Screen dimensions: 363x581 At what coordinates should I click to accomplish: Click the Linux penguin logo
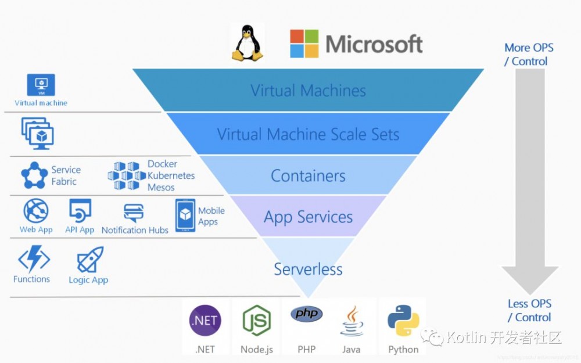pyautogui.click(x=246, y=43)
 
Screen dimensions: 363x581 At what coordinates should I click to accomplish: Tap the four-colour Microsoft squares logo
pyautogui.click(x=304, y=44)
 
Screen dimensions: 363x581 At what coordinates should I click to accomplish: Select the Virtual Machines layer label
pyautogui.click(x=308, y=91)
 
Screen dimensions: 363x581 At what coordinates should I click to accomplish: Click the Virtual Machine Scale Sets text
pyautogui.click(x=308, y=134)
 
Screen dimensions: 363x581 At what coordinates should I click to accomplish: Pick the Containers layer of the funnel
pyautogui.click(x=308, y=175)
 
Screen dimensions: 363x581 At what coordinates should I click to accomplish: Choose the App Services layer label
pyautogui.click(x=308, y=217)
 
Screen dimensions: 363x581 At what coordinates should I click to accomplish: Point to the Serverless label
pyautogui.click(x=308, y=269)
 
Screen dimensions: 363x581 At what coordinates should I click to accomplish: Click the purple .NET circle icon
pyautogui.click(x=205, y=320)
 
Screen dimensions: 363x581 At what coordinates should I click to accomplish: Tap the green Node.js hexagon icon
pyautogui.click(x=256, y=320)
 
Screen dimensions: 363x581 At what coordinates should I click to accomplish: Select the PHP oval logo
pyautogui.click(x=306, y=314)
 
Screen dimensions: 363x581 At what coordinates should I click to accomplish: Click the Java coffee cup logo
pyautogui.click(x=352, y=321)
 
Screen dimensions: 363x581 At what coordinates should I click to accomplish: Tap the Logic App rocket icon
pyautogui.click(x=90, y=260)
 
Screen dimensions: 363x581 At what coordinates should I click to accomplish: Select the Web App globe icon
pyautogui.click(x=35, y=211)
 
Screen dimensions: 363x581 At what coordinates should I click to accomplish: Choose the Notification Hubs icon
pyautogui.click(x=134, y=213)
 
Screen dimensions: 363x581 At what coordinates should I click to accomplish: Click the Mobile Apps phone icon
pyautogui.click(x=185, y=214)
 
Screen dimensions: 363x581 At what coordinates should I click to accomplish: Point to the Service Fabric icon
pyautogui.click(x=34, y=175)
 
